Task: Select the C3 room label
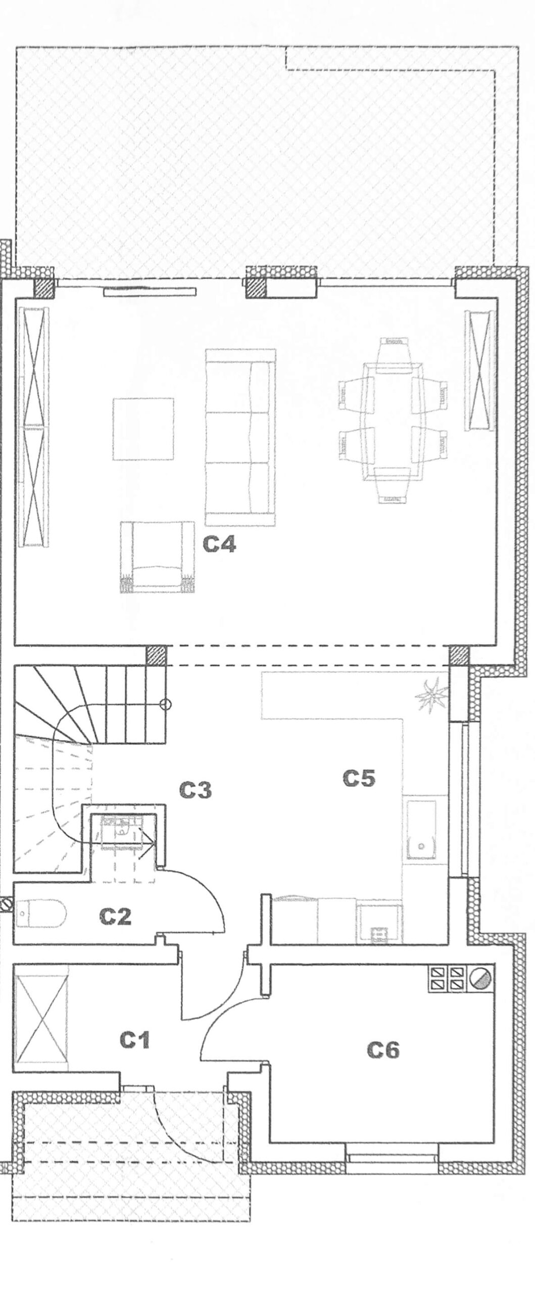[x=196, y=790]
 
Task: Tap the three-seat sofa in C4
[x=240, y=437]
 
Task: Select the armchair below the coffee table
[x=157, y=557]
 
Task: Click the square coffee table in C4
[x=143, y=429]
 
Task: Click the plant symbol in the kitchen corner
[x=430, y=697]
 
